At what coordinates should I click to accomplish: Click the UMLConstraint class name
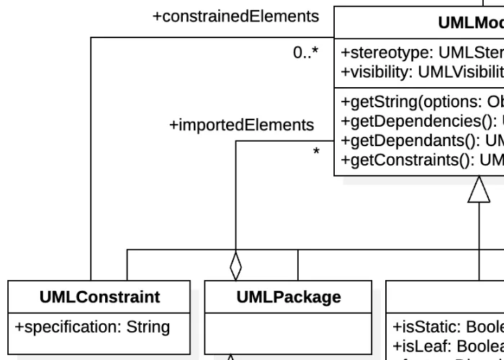[x=99, y=297]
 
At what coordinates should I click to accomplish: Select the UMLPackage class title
[x=289, y=297]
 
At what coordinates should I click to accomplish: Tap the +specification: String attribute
[x=92, y=327]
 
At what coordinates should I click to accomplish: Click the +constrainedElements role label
[x=235, y=16]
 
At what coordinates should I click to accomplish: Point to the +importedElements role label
[x=241, y=125]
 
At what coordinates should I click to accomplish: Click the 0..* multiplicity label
[x=305, y=53]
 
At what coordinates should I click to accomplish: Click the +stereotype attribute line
[x=422, y=52]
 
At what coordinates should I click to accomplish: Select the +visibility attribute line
[x=422, y=71]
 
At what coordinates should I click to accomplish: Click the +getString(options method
[x=422, y=102]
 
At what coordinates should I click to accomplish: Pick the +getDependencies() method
[x=422, y=121]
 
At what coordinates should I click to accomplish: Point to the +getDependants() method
[x=422, y=140]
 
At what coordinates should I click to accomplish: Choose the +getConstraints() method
[x=422, y=159]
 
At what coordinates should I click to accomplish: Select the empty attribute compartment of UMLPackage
[x=289, y=333]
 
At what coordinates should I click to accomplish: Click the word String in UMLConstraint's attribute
[x=148, y=327]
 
